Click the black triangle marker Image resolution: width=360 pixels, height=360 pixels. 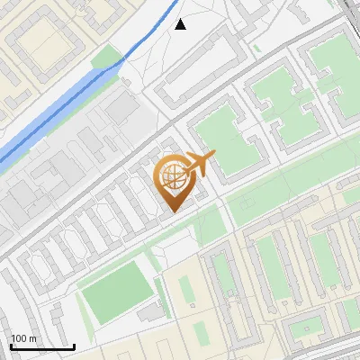click(x=181, y=25)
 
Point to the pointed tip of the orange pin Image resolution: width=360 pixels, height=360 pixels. click(x=172, y=211)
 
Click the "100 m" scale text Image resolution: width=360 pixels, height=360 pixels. click(x=22, y=338)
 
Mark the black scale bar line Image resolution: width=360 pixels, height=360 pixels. click(x=42, y=347)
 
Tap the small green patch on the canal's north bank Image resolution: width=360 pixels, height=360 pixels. click(x=107, y=58)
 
